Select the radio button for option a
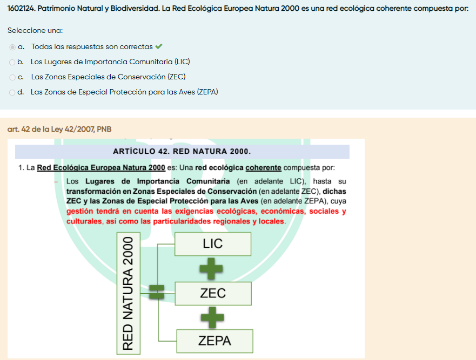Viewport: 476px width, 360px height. pos(12,47)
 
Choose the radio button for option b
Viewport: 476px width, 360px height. pos(12,62)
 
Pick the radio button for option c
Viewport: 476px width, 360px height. pos(12,77)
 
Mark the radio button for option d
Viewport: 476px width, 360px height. pos(12,92)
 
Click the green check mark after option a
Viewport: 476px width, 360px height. pos(158,47)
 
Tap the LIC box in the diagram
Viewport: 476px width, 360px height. pos(213,244)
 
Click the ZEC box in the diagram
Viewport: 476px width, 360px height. pos(213,293)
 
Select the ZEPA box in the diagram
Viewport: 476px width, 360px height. pos(214,341)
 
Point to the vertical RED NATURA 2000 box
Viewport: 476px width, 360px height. pos(129,293)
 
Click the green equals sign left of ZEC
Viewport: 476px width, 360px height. pos(157,292)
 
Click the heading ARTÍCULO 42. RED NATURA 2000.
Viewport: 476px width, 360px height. pos(182,151)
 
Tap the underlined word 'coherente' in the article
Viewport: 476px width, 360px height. pos(263,168)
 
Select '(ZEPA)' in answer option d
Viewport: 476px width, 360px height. pos(207,92)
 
